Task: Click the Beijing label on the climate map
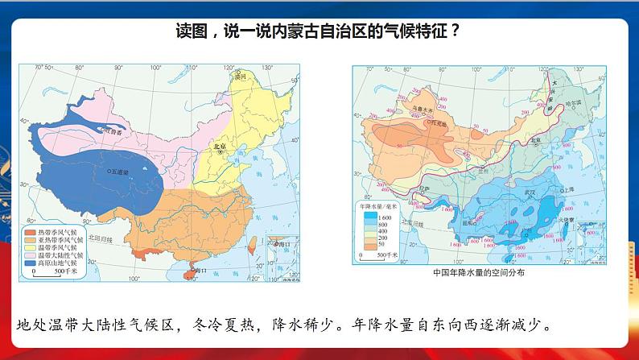coord(216,147)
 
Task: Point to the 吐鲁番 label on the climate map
coord(113,130)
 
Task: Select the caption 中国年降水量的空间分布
coord(478,273)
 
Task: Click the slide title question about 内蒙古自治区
coord(319,32)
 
